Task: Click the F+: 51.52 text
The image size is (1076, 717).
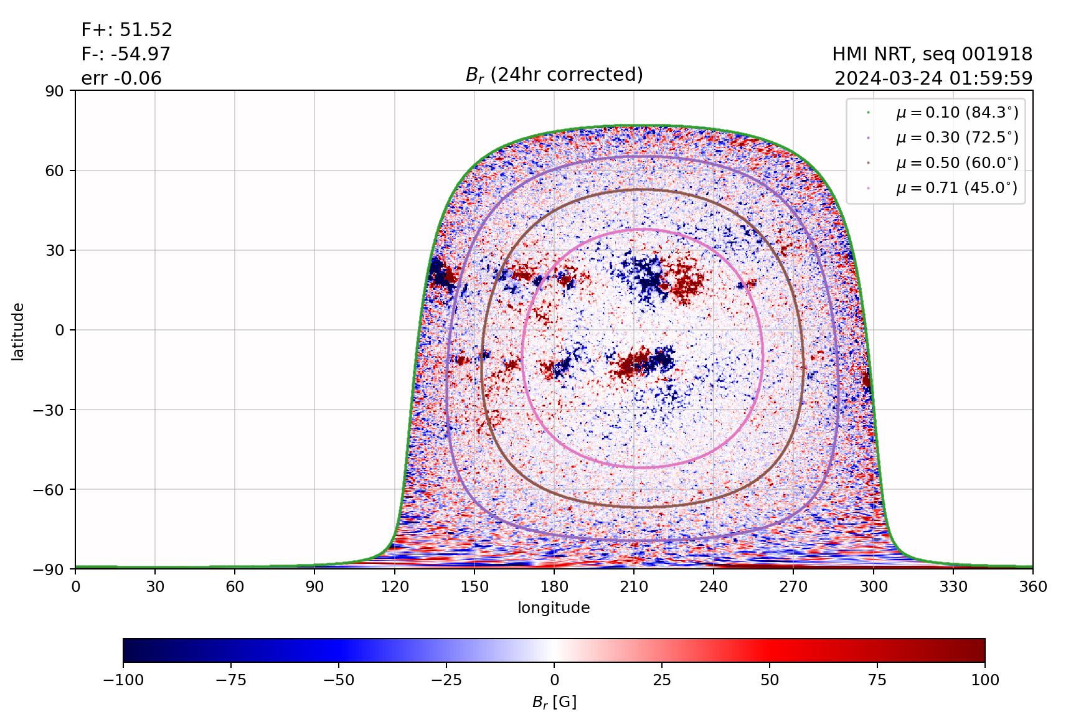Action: click(x=126, y=30)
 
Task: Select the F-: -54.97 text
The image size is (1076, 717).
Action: click(x=125, y=54)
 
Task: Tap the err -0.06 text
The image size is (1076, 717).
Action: click(x=121, y=78)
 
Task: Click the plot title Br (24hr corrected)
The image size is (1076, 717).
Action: click(x=554, y=75)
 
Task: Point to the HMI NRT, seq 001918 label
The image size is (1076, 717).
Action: click(x=932, y=54)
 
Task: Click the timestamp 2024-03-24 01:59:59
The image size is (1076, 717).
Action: click(x=933, y=78)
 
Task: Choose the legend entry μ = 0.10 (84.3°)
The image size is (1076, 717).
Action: click(x=956, y=113)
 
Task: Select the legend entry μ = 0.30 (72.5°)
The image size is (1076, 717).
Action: click(x=956, y=138)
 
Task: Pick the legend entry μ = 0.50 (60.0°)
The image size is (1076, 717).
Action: click(x=956, y=163)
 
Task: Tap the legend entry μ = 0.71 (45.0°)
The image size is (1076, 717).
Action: click(x=956, y=188)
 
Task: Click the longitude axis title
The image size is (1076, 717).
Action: click(x=554, y=608)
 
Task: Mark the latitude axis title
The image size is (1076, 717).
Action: click(x=18, y=330)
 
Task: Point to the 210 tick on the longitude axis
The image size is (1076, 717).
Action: click(x=634, y=587)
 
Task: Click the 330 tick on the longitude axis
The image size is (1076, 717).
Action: click(x=953, y=587)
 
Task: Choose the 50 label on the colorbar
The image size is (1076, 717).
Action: click(x=770, y=680)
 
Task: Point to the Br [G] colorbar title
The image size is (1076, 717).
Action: click(x=554, y=702)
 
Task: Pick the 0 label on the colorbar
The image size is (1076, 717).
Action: click(x=554, y=680)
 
